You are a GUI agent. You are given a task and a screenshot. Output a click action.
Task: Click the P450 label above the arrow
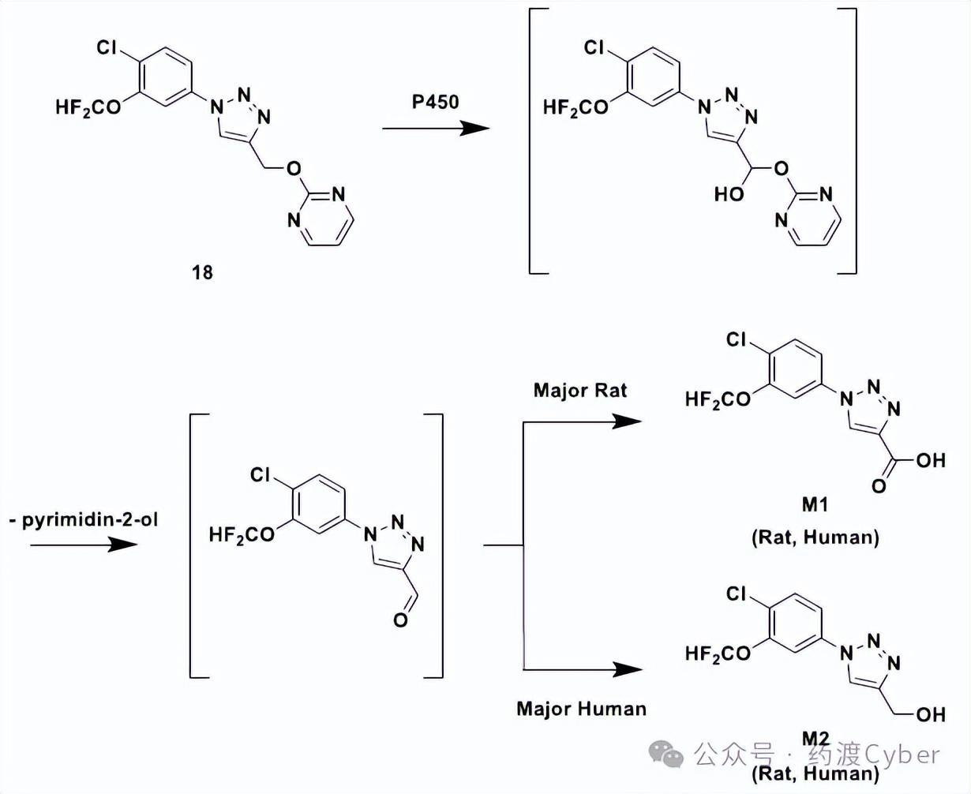coord(435,102)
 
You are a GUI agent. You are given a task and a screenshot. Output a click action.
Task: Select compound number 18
coord(202,272)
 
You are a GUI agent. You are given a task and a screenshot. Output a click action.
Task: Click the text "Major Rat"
coord(580,390)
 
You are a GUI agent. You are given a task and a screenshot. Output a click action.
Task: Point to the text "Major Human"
coord(581,708)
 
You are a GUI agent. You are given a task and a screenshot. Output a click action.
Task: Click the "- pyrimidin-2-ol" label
coord(84,520)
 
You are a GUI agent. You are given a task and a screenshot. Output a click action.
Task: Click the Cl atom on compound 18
coord(107,48)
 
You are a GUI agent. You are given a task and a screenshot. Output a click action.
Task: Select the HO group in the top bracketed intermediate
coord(729,193)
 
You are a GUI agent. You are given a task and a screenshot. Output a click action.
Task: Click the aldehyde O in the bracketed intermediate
coord(400,620)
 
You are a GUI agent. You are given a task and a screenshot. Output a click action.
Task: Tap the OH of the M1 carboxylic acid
coord(931,460)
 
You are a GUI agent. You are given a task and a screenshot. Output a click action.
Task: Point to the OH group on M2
coord(931,714)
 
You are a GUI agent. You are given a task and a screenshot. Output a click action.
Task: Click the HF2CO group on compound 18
coord(88,108)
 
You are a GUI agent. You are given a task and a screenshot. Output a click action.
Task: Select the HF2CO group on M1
coord(718,399)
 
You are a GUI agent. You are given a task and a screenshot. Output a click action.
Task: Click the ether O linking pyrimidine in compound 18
coord(294,168)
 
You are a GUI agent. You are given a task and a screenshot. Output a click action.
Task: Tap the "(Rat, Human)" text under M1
coord(815,537)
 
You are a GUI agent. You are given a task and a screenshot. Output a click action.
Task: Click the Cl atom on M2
coord(736,594)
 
